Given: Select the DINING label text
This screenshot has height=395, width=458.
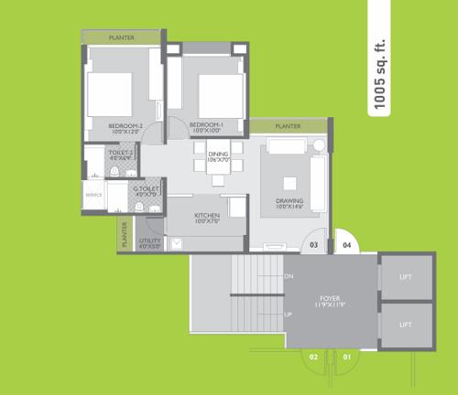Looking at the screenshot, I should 217,155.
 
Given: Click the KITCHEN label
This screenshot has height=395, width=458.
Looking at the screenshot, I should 206,216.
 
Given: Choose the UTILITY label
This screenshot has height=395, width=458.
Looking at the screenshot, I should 148,240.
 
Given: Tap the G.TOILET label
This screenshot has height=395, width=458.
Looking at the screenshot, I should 147,188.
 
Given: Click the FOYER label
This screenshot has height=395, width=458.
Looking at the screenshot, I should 330,298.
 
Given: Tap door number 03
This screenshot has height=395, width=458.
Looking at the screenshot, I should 312,245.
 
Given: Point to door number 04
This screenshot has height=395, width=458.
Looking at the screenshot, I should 347,245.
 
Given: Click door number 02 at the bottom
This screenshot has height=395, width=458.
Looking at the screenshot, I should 312,356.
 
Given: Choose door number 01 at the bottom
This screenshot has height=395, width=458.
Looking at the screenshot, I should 346,356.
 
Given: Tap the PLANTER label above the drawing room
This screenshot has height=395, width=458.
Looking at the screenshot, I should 289,125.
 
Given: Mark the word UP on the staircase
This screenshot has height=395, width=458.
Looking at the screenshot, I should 289,315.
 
